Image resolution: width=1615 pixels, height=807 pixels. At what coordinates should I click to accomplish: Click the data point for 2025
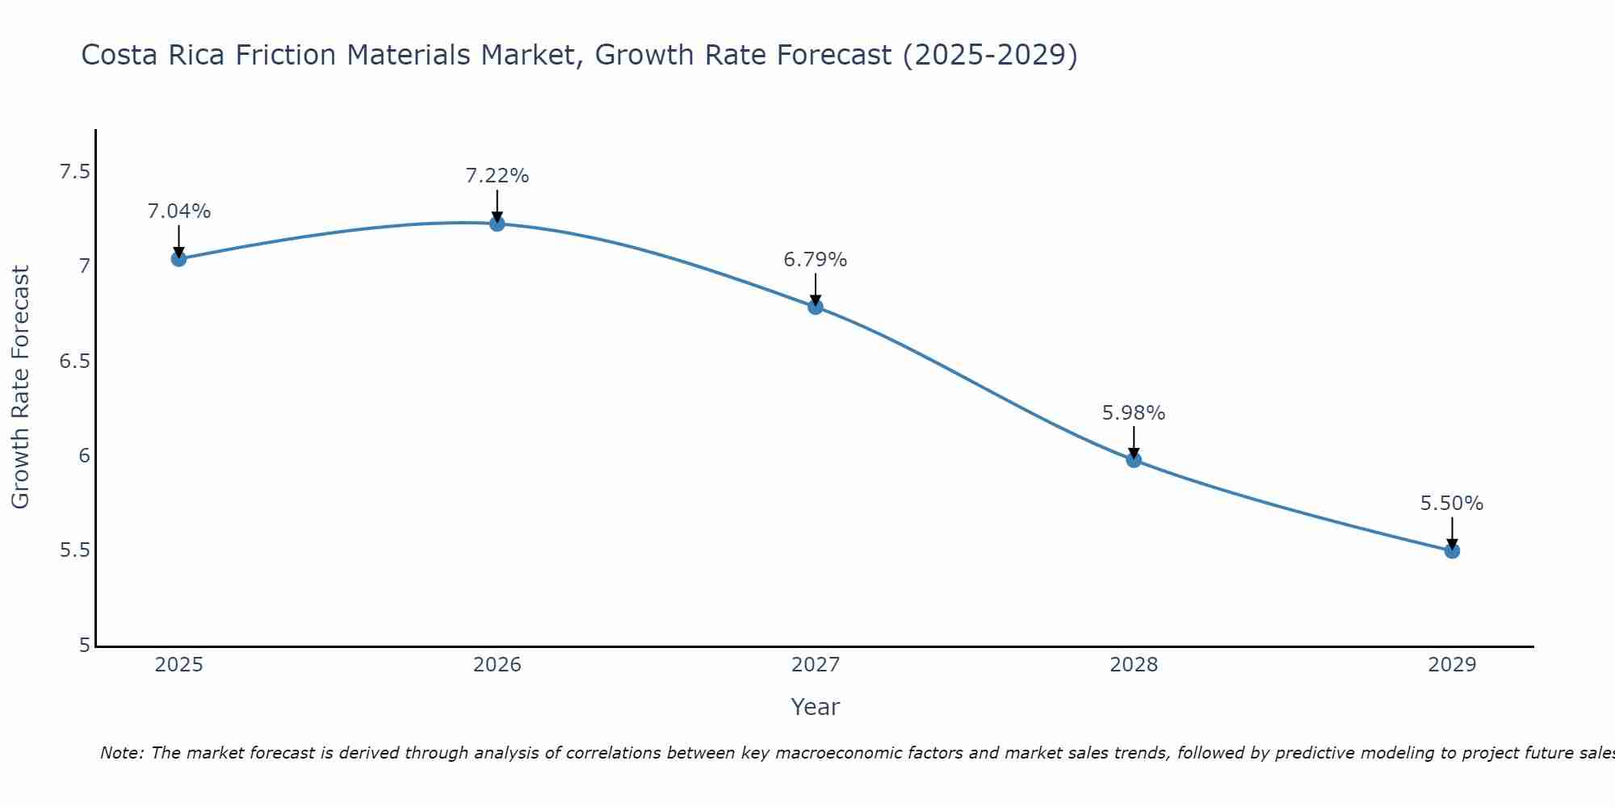(178, 259)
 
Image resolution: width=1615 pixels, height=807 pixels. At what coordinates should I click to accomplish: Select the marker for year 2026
(497, 224)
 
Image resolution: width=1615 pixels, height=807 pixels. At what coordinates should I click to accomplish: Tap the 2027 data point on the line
(816, 307)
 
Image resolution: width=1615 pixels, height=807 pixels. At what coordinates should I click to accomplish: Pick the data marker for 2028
(1134, 460)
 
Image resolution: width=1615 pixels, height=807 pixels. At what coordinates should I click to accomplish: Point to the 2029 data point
(1452, 551)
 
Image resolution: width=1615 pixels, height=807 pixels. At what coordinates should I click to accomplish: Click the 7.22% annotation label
(497, 176)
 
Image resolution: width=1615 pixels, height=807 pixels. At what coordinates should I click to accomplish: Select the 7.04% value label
(178, 211)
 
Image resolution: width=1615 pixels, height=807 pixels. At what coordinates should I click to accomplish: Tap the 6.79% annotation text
(816, 260)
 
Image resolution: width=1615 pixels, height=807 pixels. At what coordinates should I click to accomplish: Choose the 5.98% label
(1134, 413)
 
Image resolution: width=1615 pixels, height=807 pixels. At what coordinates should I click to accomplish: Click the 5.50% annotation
(1452, 504)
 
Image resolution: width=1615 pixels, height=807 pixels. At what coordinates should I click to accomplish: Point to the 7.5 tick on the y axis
(74, 172)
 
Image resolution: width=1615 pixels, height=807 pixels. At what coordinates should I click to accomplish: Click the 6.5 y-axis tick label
(74, 362)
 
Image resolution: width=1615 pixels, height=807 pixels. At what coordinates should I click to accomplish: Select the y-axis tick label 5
(85, 646)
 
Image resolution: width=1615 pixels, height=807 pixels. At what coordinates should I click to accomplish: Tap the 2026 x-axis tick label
(497, 665)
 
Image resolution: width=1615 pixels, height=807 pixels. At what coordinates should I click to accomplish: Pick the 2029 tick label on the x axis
(1452, 665)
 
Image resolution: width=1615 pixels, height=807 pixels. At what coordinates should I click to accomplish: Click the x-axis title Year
(815, 707)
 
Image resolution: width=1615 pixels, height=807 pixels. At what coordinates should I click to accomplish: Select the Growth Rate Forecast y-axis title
(21, 387)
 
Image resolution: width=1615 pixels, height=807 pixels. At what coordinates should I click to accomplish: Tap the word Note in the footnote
(121, 753)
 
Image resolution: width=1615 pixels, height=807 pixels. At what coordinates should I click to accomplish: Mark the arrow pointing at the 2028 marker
(1134, 441)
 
